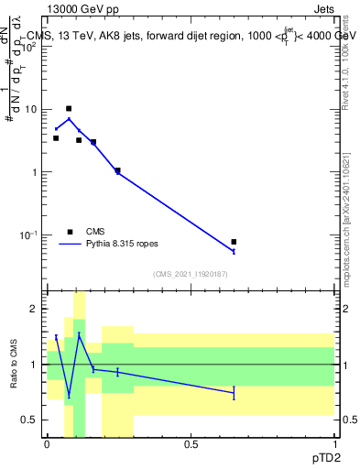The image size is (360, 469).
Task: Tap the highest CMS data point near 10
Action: point(69,108)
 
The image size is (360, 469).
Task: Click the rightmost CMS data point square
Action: point(234,242)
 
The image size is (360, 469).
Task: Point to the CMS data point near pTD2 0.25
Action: point(117,170)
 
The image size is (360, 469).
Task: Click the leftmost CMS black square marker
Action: point(56,138)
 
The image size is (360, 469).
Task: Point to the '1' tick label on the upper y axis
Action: point(34,172)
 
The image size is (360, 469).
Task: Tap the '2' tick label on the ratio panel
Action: point(34,309)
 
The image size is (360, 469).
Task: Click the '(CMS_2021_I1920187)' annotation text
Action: point(191,274)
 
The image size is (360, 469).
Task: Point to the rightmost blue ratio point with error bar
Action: point(234,393)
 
